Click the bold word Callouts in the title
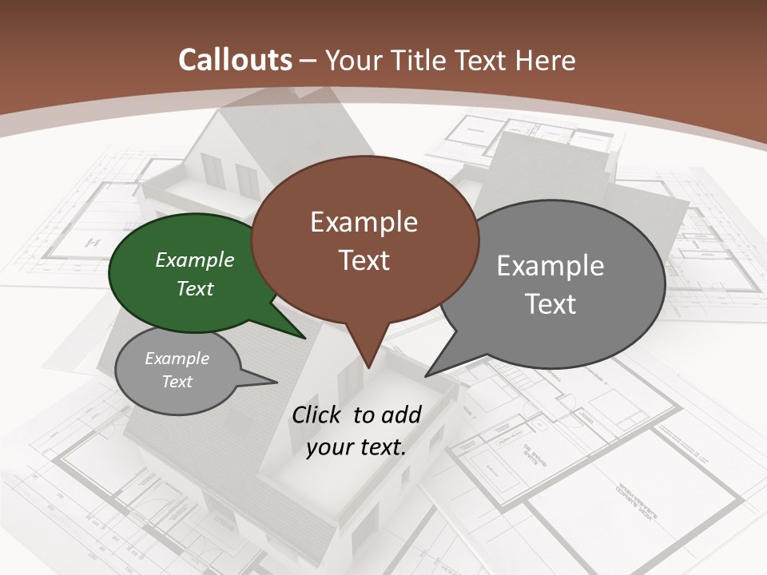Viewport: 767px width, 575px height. pos(235,60)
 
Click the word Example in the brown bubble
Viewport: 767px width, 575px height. pos(364,222)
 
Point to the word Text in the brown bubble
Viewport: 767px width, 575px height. pos(364,260)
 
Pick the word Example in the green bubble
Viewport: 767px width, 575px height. pos(195,260)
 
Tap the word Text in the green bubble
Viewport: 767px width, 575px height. pos(195,288)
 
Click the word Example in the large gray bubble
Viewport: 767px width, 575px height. pos(550,266)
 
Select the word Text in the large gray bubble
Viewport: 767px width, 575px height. pos(550,304)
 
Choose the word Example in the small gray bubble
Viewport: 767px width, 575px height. pos(177,359)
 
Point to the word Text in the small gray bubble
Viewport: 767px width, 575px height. pos(177,382)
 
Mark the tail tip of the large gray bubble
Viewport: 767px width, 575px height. pos(427,375)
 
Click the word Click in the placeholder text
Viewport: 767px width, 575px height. pos(317,414)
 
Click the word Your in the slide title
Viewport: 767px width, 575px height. pos(354,60)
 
